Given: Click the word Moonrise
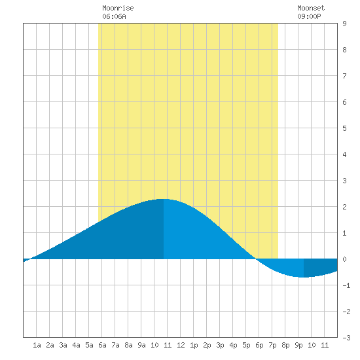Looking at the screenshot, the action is coord(118,8).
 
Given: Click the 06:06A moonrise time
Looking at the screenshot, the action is coord(114,16).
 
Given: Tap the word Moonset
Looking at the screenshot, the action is coord(311,8).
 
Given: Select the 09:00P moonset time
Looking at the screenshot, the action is coord(309,16).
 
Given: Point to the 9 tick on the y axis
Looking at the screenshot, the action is coord(344,24).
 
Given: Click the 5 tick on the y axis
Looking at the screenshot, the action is coord(344,128).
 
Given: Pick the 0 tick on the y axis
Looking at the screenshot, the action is coord(344,259).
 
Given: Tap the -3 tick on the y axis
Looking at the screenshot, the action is coord(346,338).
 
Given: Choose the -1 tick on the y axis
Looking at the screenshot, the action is coord(346,285).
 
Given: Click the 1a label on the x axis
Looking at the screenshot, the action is coord(37,345).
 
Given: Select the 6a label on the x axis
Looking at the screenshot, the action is coord(102,345).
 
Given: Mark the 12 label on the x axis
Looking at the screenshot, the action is coord(181,345).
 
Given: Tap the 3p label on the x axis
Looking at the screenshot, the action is coord(220,345).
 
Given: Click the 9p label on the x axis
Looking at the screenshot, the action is coord(298,345).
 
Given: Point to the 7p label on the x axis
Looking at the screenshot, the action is coord(272,345).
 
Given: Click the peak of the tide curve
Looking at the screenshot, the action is coord(164,199).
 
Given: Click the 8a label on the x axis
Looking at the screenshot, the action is coord(128,345).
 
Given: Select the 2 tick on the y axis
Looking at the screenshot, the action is coord(344,207).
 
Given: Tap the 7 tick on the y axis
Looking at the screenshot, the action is coord(344,76).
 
